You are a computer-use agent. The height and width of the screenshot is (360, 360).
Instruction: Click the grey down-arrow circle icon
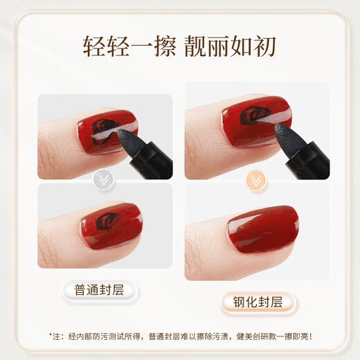point(103,180)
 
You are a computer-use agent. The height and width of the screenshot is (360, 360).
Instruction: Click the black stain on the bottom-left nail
point(107,222)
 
